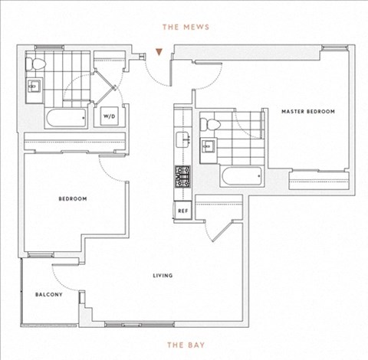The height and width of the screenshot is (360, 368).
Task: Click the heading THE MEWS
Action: point(186,27)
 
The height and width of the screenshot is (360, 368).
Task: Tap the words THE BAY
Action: point(186,345)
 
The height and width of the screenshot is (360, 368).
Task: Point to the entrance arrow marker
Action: point(159,52)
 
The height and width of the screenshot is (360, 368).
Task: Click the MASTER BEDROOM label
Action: point(308,112)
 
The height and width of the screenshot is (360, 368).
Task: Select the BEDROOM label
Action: point(73,198)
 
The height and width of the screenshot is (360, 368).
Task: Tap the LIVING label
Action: point(163,276)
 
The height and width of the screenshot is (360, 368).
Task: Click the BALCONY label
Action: point(49,294)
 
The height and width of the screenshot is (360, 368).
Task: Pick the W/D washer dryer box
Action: point(110,116)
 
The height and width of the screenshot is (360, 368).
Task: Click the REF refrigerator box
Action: point(183,211)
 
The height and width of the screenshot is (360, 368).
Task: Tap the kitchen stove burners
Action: point(182,176)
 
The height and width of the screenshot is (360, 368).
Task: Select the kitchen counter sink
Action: point(183,139)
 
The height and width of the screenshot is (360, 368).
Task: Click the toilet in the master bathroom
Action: point(210,125)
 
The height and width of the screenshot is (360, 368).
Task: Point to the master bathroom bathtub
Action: point(242,175)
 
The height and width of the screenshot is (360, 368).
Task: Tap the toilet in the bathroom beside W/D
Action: point(35,64)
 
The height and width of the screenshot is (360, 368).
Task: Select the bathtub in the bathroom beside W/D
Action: point(67,117)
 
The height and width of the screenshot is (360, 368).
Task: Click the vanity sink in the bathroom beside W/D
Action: point(34,87)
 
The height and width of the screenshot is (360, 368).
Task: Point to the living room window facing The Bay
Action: point(140,325)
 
